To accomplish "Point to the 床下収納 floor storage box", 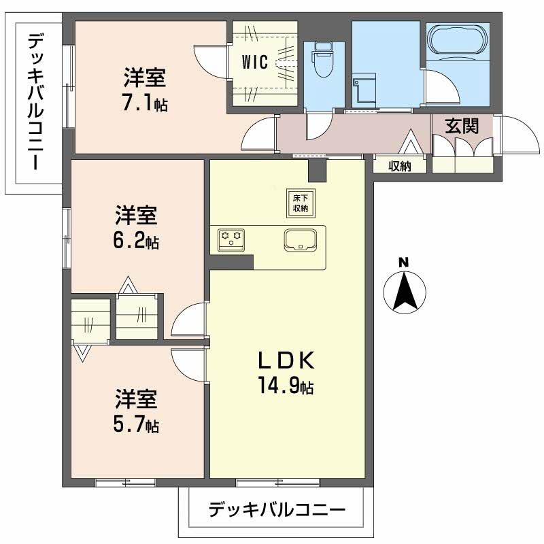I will coord(299,202).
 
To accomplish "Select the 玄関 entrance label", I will coord(462,126).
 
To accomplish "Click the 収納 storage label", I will coord(401,167).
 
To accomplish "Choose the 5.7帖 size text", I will coord(136,426).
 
